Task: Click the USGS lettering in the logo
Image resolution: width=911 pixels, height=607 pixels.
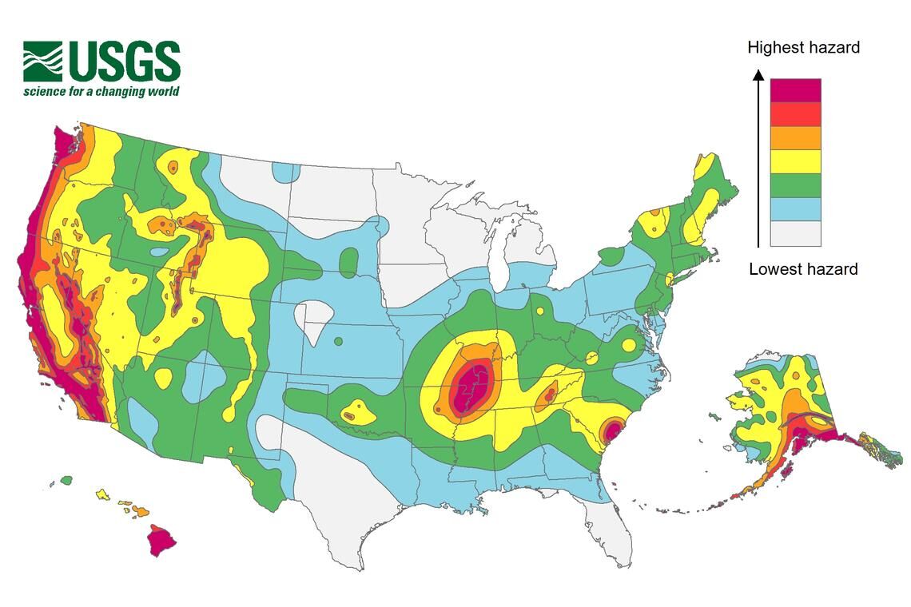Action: coord(124,61)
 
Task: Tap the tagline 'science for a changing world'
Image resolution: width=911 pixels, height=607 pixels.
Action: coord(101,91)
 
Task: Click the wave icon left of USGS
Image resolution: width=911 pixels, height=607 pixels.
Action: coord(42,61)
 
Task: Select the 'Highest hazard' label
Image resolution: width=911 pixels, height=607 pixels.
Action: coord(803,48)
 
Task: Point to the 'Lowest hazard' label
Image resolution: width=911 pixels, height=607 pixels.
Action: coord(803,269)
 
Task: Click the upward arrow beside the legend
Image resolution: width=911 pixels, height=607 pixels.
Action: coord(758,160)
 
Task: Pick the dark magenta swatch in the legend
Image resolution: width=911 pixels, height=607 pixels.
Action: coord(795,90)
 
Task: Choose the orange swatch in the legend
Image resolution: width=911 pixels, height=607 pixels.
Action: coord(795,138)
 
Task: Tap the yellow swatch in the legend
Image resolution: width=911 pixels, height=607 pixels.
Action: coord(795,162)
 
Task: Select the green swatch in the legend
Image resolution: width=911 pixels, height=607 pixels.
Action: coord(795,185)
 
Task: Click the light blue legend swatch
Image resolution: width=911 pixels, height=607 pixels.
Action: coord(795,209)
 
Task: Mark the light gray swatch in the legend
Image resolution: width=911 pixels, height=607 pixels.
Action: coord(795,233)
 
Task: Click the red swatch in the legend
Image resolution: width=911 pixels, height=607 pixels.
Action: coord(795,114)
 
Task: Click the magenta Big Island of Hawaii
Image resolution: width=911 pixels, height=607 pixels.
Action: coord(161,542)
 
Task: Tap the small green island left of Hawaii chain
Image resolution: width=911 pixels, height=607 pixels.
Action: coord(66,480)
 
